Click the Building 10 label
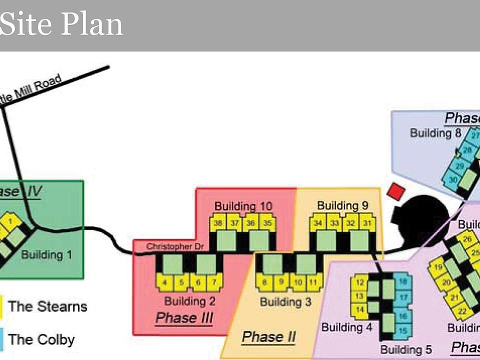click(243, 206)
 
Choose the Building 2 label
click(189, 301)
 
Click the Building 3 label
click(285, 301)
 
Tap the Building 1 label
click(46, 254)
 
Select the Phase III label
click(184, 318)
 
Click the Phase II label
click(268, 337)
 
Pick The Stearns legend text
click(47, 306)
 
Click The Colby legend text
click(41, 340)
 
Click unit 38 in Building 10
click(218, 223)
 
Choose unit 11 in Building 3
click(313, 282)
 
